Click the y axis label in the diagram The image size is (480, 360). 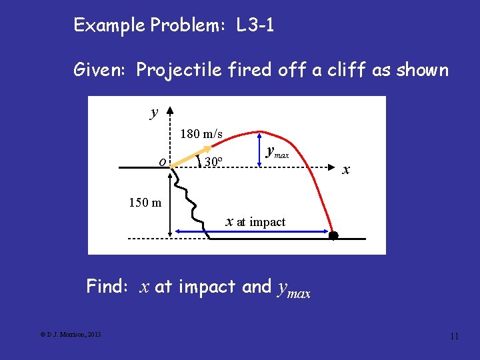(154, 113)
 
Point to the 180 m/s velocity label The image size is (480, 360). (201, 134)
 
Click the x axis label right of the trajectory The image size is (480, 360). (346, 169)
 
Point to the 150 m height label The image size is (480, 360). (145, 202)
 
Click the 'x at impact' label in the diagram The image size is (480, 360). (255, 221)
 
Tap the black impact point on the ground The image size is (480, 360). (333, 235)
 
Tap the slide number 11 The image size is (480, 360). (454, 336)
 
